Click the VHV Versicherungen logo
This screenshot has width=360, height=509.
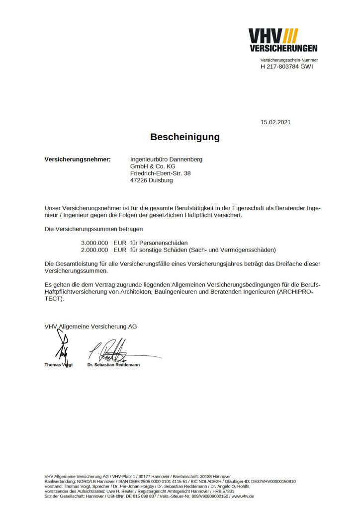pyautogui.click(x=283, y=40)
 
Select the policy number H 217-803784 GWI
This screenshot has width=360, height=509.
pyautogui.click(x=287, y=67)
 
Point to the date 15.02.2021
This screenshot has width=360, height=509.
pyautogui.click(x=275, y=122)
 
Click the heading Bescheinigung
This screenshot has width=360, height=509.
pyautogui.click(x=185, y=137)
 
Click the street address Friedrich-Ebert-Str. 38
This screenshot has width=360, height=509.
pyautogui.click(x=160, y=173)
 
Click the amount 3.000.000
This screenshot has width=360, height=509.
pyautogui.click(x=94, y=242)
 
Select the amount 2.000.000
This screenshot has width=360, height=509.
pyautogui.click(x=94, y=250)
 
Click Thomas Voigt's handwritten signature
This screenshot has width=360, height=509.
pyautogui.click(x=63, y=346)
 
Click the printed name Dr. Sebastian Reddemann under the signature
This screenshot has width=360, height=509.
pyautogui.click(x=113, y=365)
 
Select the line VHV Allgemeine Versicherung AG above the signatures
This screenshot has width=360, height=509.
pyautogui.click(x=90, y=327)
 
